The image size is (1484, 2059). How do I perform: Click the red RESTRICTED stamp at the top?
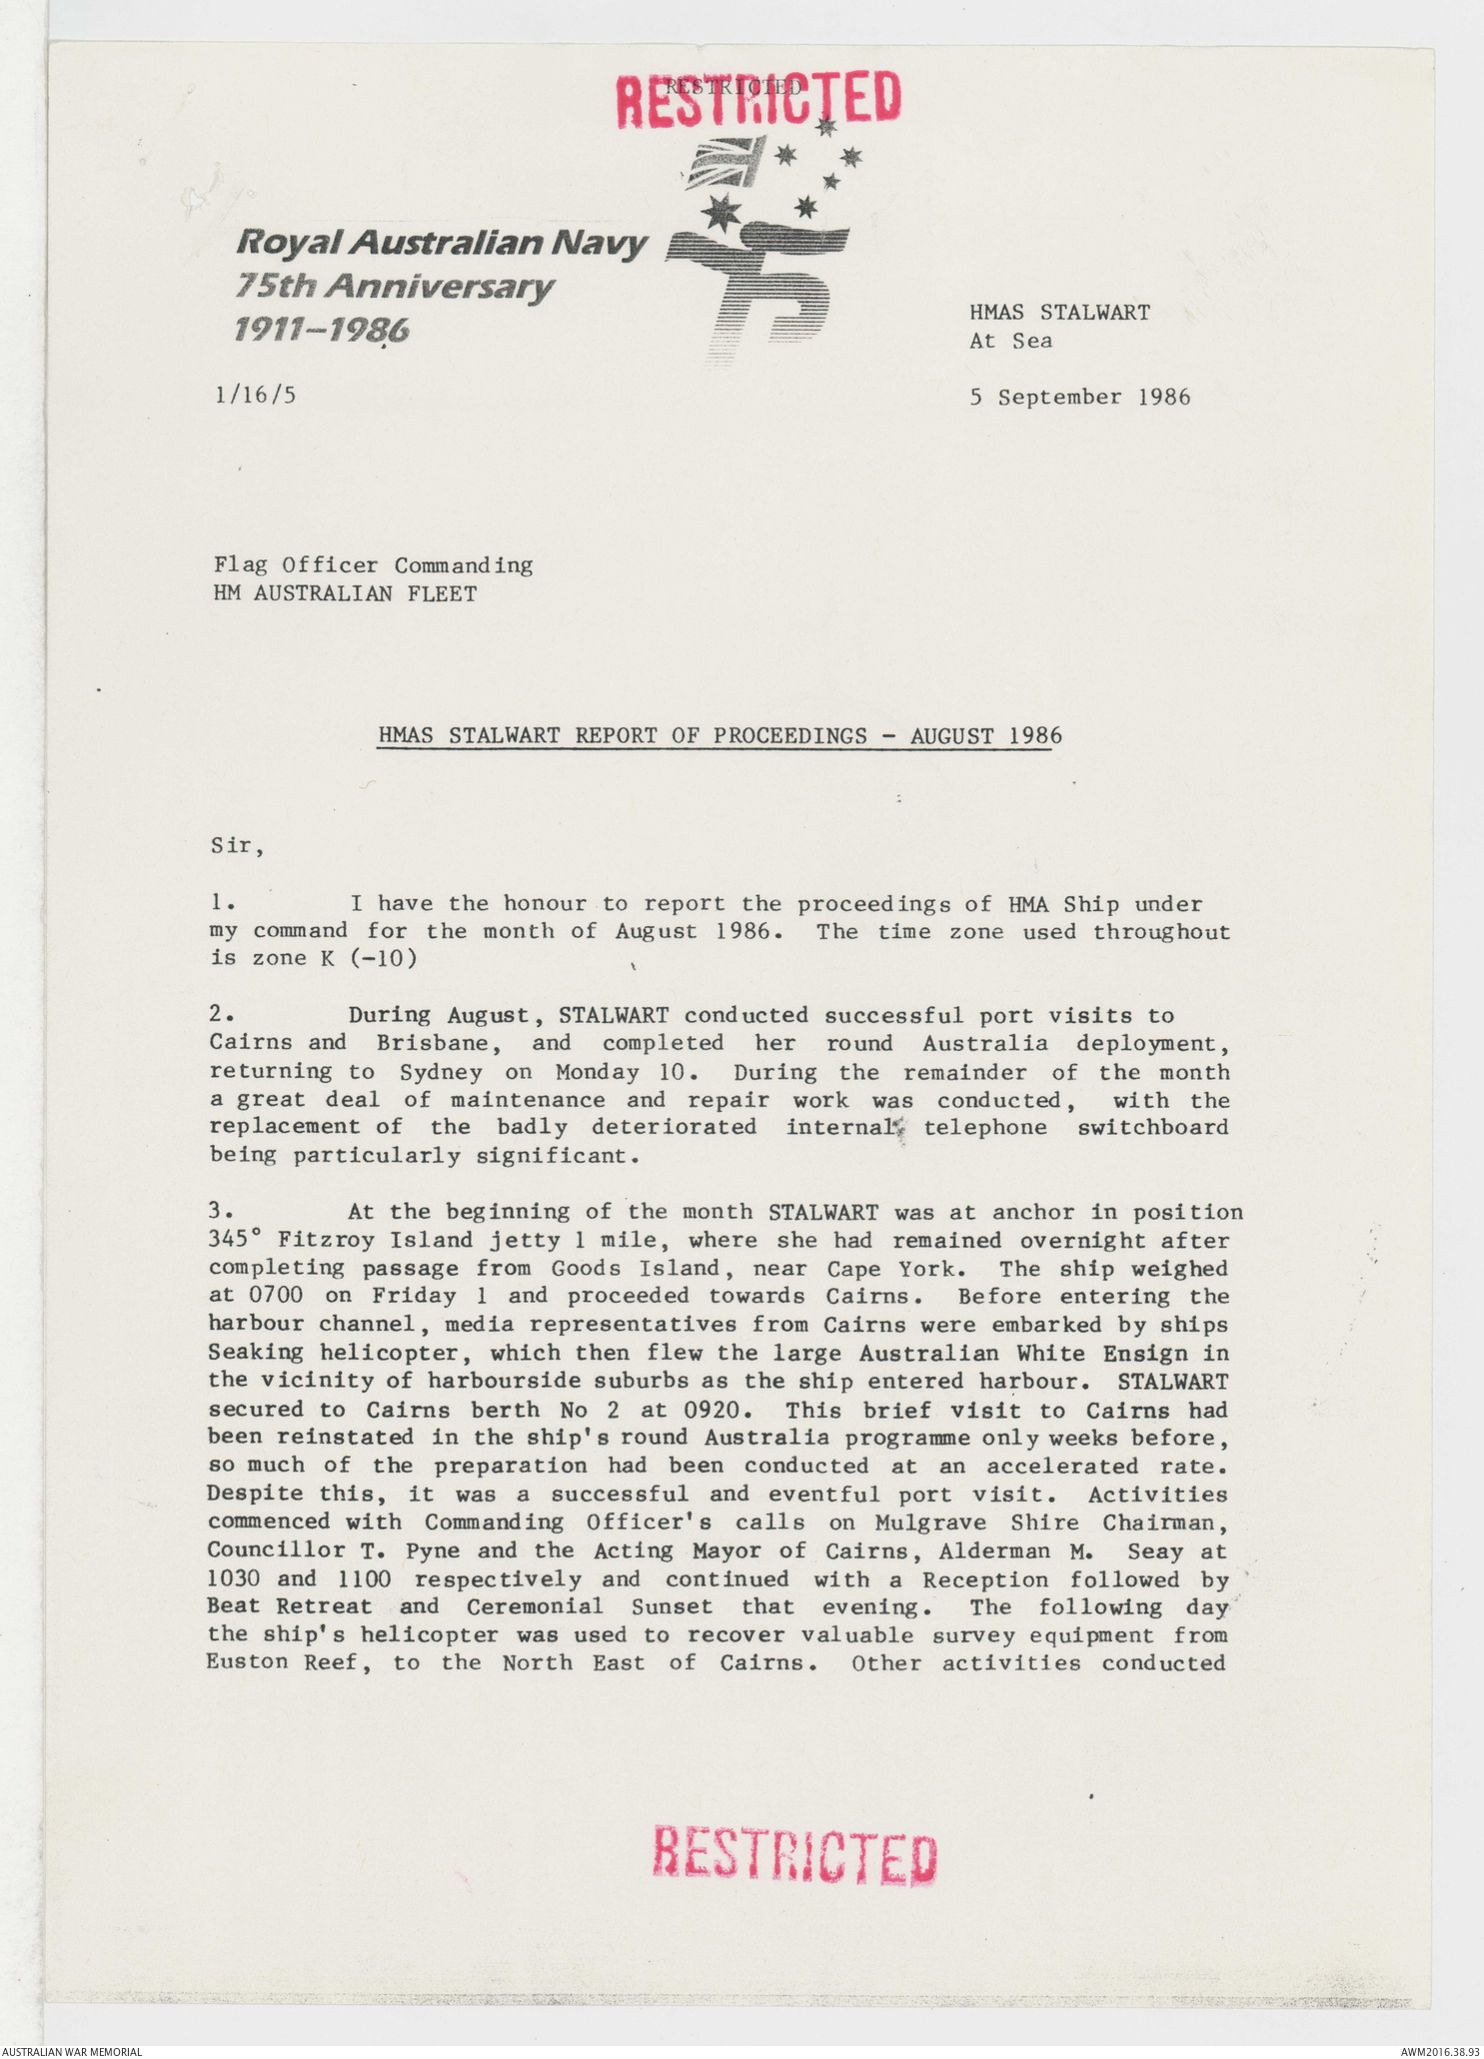coord(757,98)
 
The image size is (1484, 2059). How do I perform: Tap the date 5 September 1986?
coord(1079,398)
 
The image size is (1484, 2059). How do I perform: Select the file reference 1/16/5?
coord(255,395)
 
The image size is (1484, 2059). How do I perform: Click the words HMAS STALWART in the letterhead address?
coord(1059,313)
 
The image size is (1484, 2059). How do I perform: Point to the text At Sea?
coord(1010,341)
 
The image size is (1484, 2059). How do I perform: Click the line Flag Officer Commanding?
coord(373,565)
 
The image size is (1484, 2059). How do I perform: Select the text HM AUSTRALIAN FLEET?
coord(345,593)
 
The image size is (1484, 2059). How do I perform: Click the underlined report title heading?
coord(720,736)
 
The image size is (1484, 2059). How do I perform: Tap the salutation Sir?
coord(237,847)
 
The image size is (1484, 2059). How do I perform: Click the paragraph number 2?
coord(222,1014)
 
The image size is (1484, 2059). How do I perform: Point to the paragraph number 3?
coord(221,1211)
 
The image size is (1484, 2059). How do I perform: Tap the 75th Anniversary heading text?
coord(394,287)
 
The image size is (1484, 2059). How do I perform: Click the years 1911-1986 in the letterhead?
coord(321,330)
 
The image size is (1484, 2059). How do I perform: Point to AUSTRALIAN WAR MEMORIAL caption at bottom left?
coord(71,2051)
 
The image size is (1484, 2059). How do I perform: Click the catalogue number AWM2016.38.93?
coord(1439,2051)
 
